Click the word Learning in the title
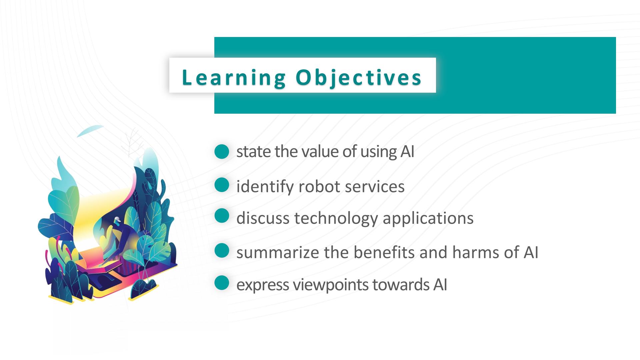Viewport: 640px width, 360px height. (x=234, y=78)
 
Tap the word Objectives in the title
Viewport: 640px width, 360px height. (x=359, y=78)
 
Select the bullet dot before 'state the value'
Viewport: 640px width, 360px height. (x=222, y=152)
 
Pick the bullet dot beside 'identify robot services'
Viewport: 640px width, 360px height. (x=222, y=185)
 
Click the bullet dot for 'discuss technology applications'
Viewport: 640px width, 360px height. (x=222, y=216)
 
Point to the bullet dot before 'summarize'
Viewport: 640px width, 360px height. (x=222, y=251)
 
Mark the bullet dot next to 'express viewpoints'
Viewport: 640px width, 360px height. (x=222, y=283)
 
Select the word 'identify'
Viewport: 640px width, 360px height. (x=265, y=187)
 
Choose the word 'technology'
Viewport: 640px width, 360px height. (x=336, y=219)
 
